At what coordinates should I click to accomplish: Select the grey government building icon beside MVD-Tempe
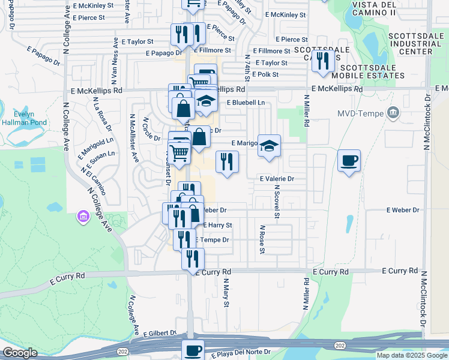pyautogui.click(x=393, y=112)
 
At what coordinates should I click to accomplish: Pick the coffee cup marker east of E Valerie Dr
pyautogui.click(x=349, y=161)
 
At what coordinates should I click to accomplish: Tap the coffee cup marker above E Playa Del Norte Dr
pyautogui.click(x=193, y=350)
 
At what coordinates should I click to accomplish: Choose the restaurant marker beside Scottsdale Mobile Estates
pyautogui.click(x=324, y=61)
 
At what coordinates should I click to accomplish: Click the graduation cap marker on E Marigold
pyautogui.click(x=269, y=145)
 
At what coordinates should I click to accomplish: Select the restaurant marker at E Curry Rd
pyautogui.click(x=193, y=259)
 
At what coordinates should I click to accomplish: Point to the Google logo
pyautogui.click(x=20, y=353)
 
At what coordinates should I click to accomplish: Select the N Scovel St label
pyautogui.click(x=277, y=202)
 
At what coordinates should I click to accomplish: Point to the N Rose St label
pyautogui.click(x=262, y=239)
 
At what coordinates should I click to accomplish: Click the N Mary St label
pyautogui.click(x=227, y=292)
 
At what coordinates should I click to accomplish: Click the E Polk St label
pyautogui.click(x=265, y=74)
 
